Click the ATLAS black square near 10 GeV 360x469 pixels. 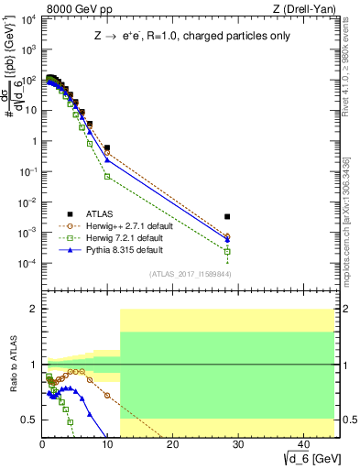click(x=107, y=147)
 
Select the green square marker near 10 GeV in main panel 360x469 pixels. click(x=107, y=176)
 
